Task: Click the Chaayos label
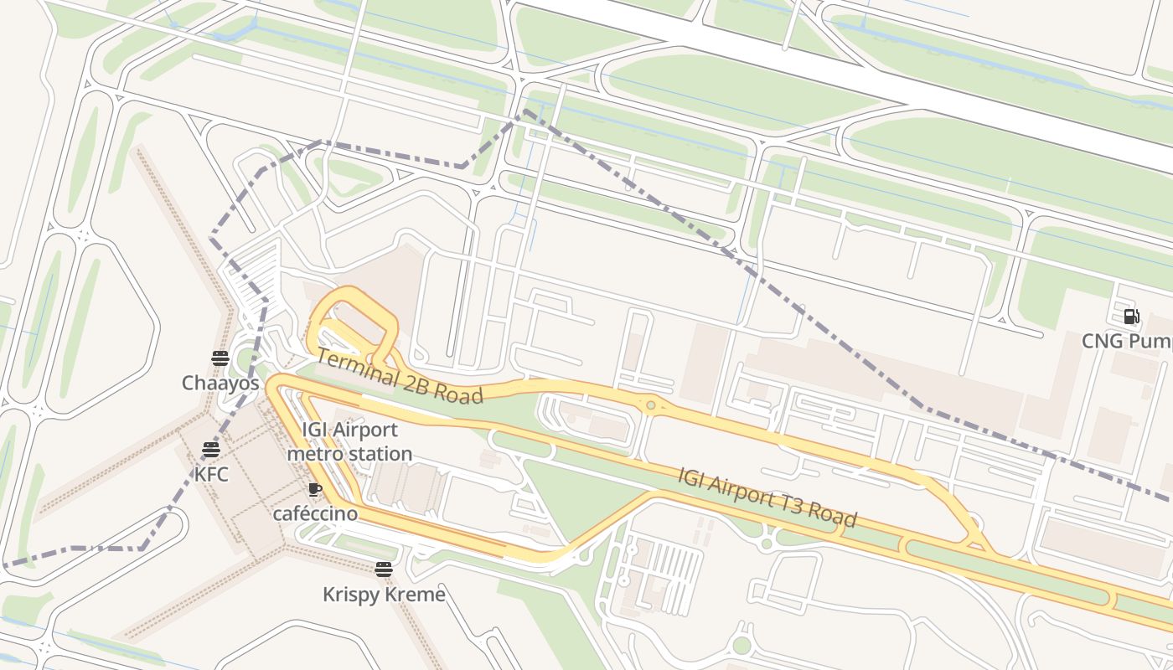pyautogui.click(x=220, y=383)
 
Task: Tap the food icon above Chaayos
pyautogui.click(x=220, y=358)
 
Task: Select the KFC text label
pyautogui.click(x=211, y=474)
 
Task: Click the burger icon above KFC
pyautogui.click(x=211, y=450)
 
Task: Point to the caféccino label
pyautogui.click(x=315, y=513)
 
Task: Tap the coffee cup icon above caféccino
pyautogui.click(x=315, y=489)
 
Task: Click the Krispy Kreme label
pyautogui.click(x=384, y=595)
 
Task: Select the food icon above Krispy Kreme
pyautogui.click(x=384, y=570)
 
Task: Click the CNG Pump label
pyautogui.click(x=1126, y=341)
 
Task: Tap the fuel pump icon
pyautogui.click(x=1132, y=317)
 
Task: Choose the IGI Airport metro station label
pyautogui.click(x=349, y=441)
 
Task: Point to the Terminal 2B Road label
pyautogui.click(x=400, y=377)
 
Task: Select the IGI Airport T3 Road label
pyautogui.click(x=767, y=497)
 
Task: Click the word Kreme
pyautogui.click(x=416, y=595)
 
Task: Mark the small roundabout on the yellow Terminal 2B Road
pyautogui.click(x=650, y=405)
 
